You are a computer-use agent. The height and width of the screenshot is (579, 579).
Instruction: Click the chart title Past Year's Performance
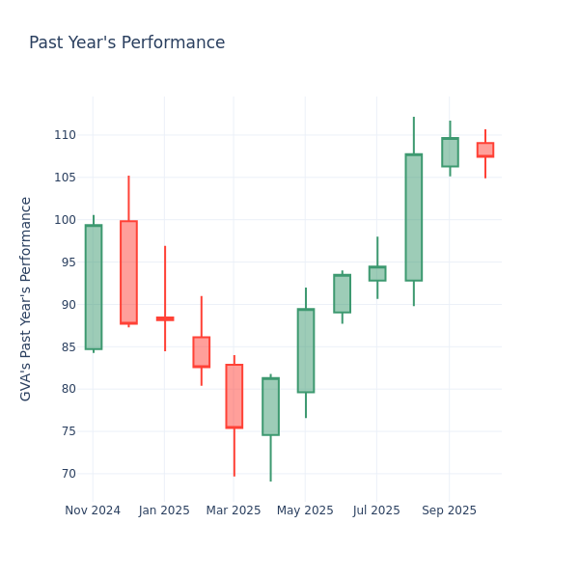[x=126, y=43]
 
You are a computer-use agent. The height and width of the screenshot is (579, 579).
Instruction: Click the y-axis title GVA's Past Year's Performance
[x=26, y=298]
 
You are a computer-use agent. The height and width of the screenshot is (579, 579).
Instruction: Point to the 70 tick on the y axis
[x=67, y=474]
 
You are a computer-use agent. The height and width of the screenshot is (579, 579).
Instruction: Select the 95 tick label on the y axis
[x=67, y=262]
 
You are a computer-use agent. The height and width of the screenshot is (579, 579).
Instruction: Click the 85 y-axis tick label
[x=67, y=347]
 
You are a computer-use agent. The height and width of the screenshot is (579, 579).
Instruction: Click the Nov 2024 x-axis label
[x=93, y=510]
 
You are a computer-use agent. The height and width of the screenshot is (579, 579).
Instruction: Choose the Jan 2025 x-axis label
[x=164, y=510]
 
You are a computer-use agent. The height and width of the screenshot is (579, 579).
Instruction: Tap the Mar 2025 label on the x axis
[x=234, y=510]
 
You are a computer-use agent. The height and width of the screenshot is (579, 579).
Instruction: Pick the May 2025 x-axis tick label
[x=305, y=510]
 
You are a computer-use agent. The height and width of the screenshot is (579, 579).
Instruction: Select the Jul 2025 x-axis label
[x=377, y=510]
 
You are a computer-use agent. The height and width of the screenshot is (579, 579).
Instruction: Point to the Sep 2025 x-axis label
[x=449, y=510]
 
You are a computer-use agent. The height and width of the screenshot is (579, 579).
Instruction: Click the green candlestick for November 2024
[x=93, y=287]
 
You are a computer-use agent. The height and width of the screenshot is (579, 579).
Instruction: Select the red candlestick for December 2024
[x=128, y=272]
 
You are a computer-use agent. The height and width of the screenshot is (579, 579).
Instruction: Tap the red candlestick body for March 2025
[x=234, y=396]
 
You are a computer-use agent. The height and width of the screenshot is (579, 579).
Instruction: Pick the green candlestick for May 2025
[x=305, y=350]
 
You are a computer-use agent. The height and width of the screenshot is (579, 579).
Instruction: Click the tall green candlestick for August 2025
[x=413, y=217]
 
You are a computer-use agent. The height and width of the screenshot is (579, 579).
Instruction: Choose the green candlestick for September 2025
[x=450, y=152]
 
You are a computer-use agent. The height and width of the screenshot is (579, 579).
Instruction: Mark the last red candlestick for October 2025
[x=484, y=150]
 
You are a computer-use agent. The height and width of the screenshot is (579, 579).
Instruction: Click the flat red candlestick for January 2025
[x=165, y=318]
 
